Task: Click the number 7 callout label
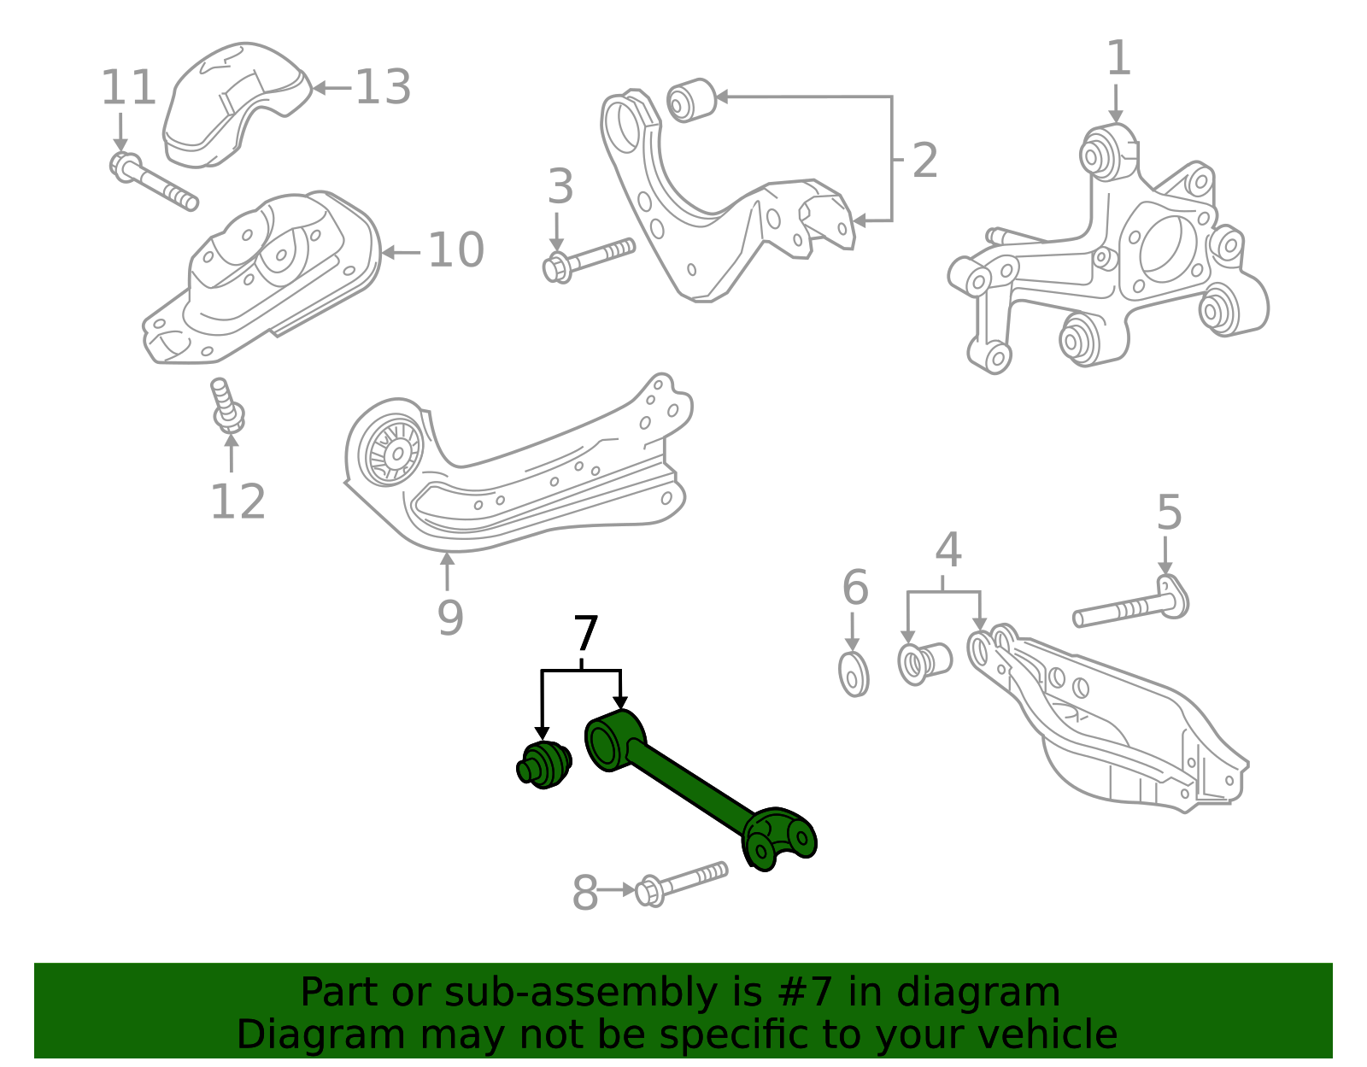(585, 636)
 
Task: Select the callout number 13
(383, 87)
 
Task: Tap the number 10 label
(455, 250)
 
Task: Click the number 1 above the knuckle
(1118, 59)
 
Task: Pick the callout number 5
(1169, 513)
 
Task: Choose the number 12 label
(238, 501)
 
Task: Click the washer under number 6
(853, 674)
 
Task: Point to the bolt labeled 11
(153, 181)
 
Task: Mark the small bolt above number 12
(226, 406)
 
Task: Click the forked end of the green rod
(779, 838)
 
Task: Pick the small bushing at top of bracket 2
(690, 100)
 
